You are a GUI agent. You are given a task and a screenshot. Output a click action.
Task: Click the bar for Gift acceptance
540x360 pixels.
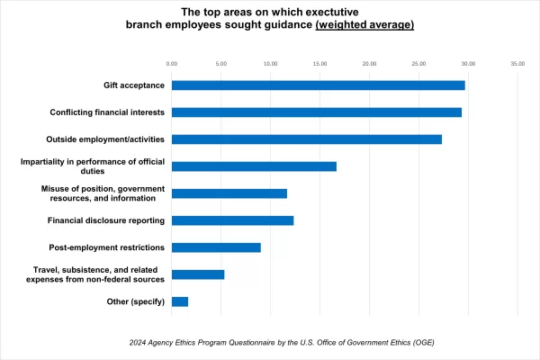(x=318, y=85)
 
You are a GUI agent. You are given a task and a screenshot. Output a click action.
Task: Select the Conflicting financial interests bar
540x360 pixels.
(x=316, y=112)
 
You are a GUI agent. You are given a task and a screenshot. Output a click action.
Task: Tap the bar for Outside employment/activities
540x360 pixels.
(x=306, y=139)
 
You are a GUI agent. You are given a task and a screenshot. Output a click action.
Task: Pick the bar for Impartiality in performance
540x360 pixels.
(x=254, y=166)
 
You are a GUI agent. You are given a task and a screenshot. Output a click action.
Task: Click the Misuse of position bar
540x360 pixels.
(x=229, y=193)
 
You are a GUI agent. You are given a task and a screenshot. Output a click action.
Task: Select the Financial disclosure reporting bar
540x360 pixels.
(x=232, y=220)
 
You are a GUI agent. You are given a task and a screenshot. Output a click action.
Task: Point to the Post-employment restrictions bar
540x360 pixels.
(x=216, y=247)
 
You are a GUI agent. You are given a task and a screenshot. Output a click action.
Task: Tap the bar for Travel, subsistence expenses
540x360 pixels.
(x=197, y=274)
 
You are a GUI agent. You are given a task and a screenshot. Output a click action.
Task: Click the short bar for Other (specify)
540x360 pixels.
(x=179, y=301)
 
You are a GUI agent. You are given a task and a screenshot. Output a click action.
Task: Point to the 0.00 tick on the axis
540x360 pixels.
(x=172, y=64)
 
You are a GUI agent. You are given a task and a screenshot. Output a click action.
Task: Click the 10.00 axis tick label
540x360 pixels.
(x=270, y=64)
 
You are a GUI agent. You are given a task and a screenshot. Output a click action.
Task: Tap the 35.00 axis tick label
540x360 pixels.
(x=517, y=64)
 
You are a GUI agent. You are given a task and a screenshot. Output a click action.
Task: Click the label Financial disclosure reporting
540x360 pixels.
(x=105, y=220)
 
